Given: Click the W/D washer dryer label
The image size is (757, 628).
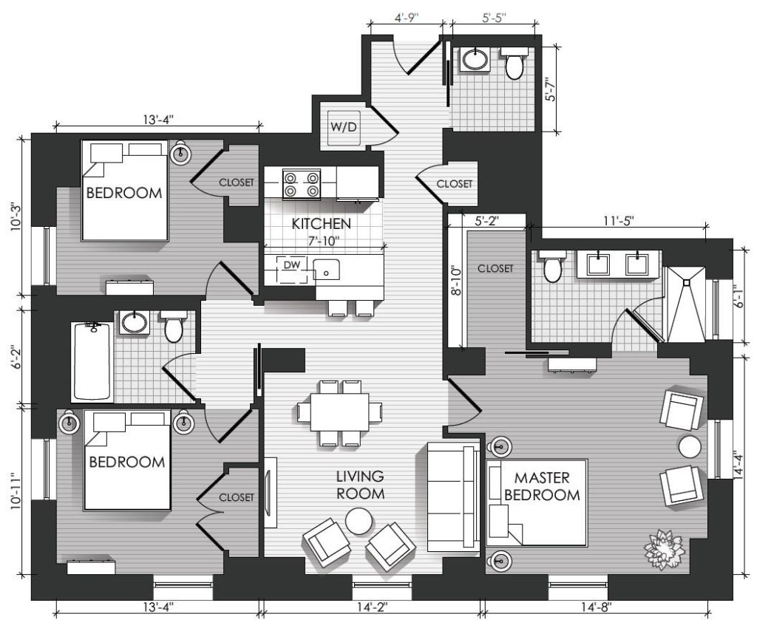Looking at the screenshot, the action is point(343,127).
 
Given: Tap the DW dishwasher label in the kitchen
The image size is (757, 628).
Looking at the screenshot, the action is point(291,264).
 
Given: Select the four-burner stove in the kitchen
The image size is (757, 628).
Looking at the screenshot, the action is point(302,184).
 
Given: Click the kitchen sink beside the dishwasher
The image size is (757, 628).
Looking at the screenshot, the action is point(326,269).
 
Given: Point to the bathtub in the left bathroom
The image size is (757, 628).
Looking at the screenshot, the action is point(92,361).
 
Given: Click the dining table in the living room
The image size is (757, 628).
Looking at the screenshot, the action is point(340,412).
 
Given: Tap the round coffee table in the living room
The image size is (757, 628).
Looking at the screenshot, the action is point(359,522).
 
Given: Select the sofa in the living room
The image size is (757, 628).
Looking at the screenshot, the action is point(453,496).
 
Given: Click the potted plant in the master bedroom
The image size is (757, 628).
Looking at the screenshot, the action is point(665,549).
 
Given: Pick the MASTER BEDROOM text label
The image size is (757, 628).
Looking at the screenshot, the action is point(542,487).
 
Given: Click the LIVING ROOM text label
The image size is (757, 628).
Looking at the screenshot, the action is point(360,485).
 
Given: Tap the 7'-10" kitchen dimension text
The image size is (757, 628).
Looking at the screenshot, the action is point(323,241).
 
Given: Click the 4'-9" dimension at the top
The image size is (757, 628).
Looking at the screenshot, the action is point(407,18).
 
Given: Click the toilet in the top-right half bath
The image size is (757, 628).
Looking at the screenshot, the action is point(514,64).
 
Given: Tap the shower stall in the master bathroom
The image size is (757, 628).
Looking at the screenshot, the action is point(685,303).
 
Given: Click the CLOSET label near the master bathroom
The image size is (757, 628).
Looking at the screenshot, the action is point(495,268).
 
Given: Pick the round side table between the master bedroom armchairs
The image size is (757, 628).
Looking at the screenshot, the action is point(690,446).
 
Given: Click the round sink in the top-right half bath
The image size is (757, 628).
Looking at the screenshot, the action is point(476,60).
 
